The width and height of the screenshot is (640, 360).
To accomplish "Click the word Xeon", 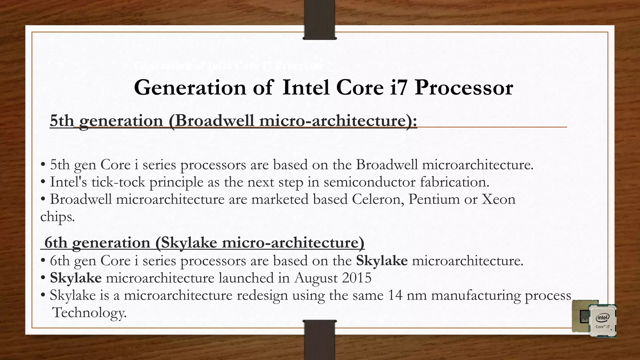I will coord(498,199).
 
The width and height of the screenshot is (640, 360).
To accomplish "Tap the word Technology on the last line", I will coord(90,312).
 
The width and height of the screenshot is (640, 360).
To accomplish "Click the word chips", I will coord(57,217).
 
